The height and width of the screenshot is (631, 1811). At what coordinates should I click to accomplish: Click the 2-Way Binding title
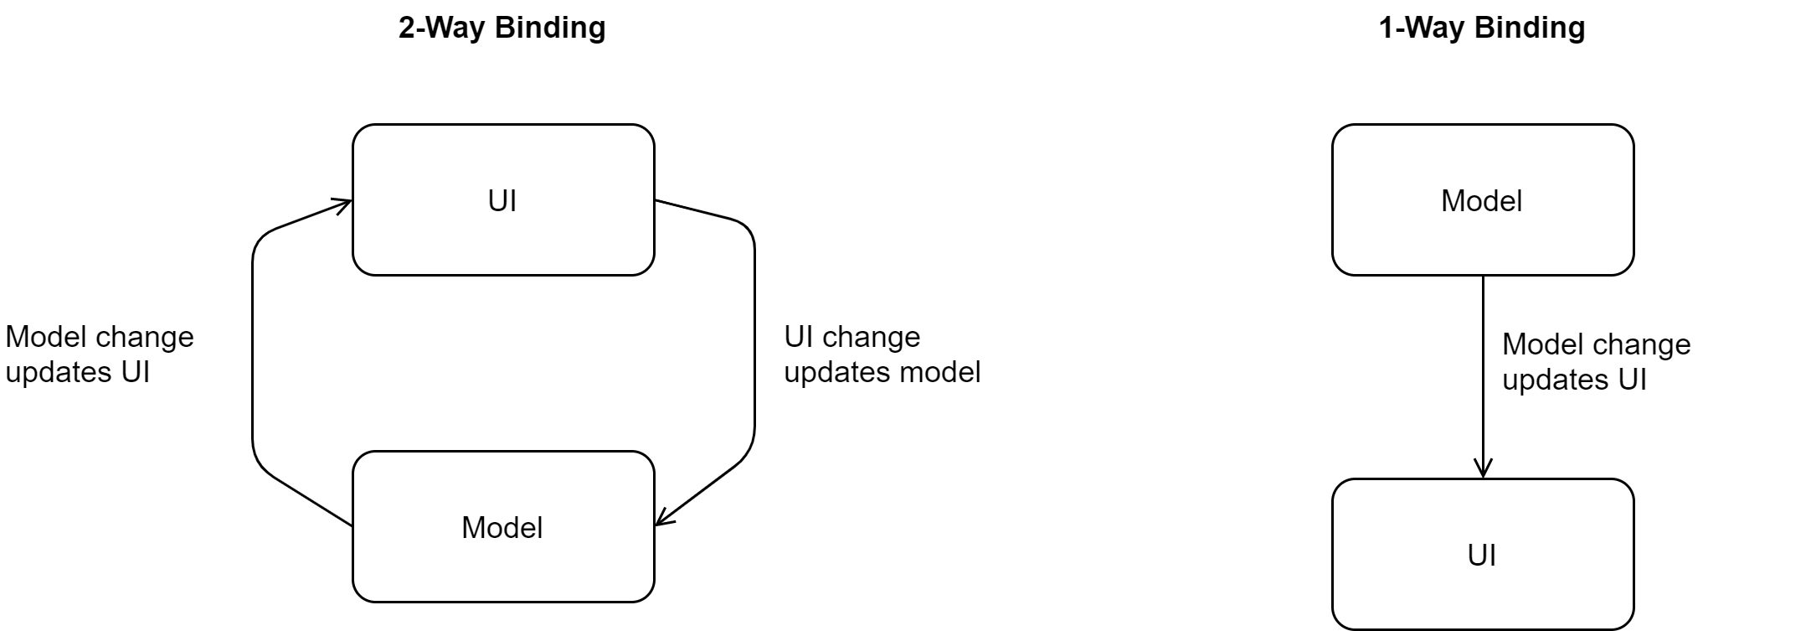point(502,28)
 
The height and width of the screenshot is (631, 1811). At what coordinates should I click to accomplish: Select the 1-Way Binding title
point(1482,28)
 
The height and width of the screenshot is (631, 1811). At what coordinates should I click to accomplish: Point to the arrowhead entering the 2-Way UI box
point(343,204)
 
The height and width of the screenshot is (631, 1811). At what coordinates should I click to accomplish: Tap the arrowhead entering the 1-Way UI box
point(1483,469)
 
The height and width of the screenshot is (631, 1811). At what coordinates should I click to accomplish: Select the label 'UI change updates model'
point(882,354)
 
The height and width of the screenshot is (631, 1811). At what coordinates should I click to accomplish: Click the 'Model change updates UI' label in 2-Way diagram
point(100,354)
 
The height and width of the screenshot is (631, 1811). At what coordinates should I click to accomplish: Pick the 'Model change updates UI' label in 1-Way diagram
point(1596,362)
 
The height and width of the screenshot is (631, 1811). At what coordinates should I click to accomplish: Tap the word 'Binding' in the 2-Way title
point(550,28)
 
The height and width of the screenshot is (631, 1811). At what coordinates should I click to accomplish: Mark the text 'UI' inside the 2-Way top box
point(502,201)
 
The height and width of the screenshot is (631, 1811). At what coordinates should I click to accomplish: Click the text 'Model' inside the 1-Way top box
point(1482,201)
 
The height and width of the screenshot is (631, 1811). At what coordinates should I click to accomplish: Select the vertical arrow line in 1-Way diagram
point(1483,377)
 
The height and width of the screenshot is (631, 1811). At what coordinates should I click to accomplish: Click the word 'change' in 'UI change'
point(871,338)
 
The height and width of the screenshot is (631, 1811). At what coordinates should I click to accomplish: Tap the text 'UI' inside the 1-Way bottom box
point(1482,556)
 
